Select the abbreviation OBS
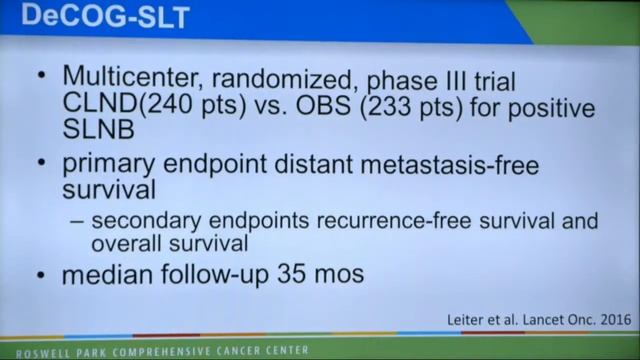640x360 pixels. pos(347,106)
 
